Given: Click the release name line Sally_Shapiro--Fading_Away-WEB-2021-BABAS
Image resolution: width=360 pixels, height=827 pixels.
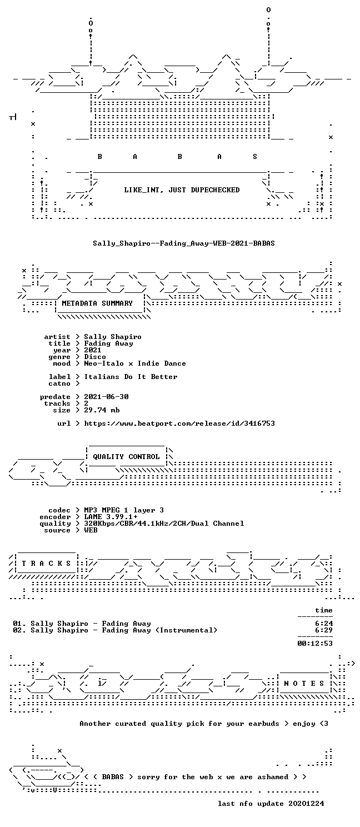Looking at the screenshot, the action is click(183, 243).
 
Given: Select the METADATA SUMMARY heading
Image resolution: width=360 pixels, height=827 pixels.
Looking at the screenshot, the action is click(97, 303).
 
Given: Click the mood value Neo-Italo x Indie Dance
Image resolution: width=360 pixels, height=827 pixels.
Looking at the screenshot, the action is click(135, 363).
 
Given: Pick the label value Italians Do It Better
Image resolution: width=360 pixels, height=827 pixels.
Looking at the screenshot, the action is click(131, 377).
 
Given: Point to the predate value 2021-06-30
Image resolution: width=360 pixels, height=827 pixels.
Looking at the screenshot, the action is click(106, 396).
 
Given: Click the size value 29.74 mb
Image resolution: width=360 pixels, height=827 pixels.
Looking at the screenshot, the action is click(102, 410).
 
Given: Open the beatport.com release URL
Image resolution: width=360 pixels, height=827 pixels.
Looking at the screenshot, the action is click(179, 423).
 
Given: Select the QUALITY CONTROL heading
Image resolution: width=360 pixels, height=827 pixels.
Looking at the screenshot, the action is click(126, 457).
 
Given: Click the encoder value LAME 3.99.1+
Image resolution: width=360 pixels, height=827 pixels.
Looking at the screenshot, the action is click(111, 516).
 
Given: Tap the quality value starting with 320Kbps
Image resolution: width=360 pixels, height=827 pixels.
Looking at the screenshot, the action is click(164, 523).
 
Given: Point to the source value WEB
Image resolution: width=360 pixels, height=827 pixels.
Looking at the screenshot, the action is click(91, 530).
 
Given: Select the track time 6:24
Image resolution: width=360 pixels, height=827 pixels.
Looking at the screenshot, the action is click(324, 623).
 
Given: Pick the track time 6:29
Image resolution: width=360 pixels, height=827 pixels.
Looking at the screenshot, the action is click(324, 630).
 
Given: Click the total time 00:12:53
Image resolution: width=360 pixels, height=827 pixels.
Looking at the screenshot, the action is click(315, 643).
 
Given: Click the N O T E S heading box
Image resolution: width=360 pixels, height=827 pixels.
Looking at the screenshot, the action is click(304, 684).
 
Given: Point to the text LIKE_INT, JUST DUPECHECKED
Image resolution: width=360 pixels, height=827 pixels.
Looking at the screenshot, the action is click(182, 190).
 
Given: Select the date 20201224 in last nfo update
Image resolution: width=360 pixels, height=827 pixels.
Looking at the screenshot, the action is click(306, 803).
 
